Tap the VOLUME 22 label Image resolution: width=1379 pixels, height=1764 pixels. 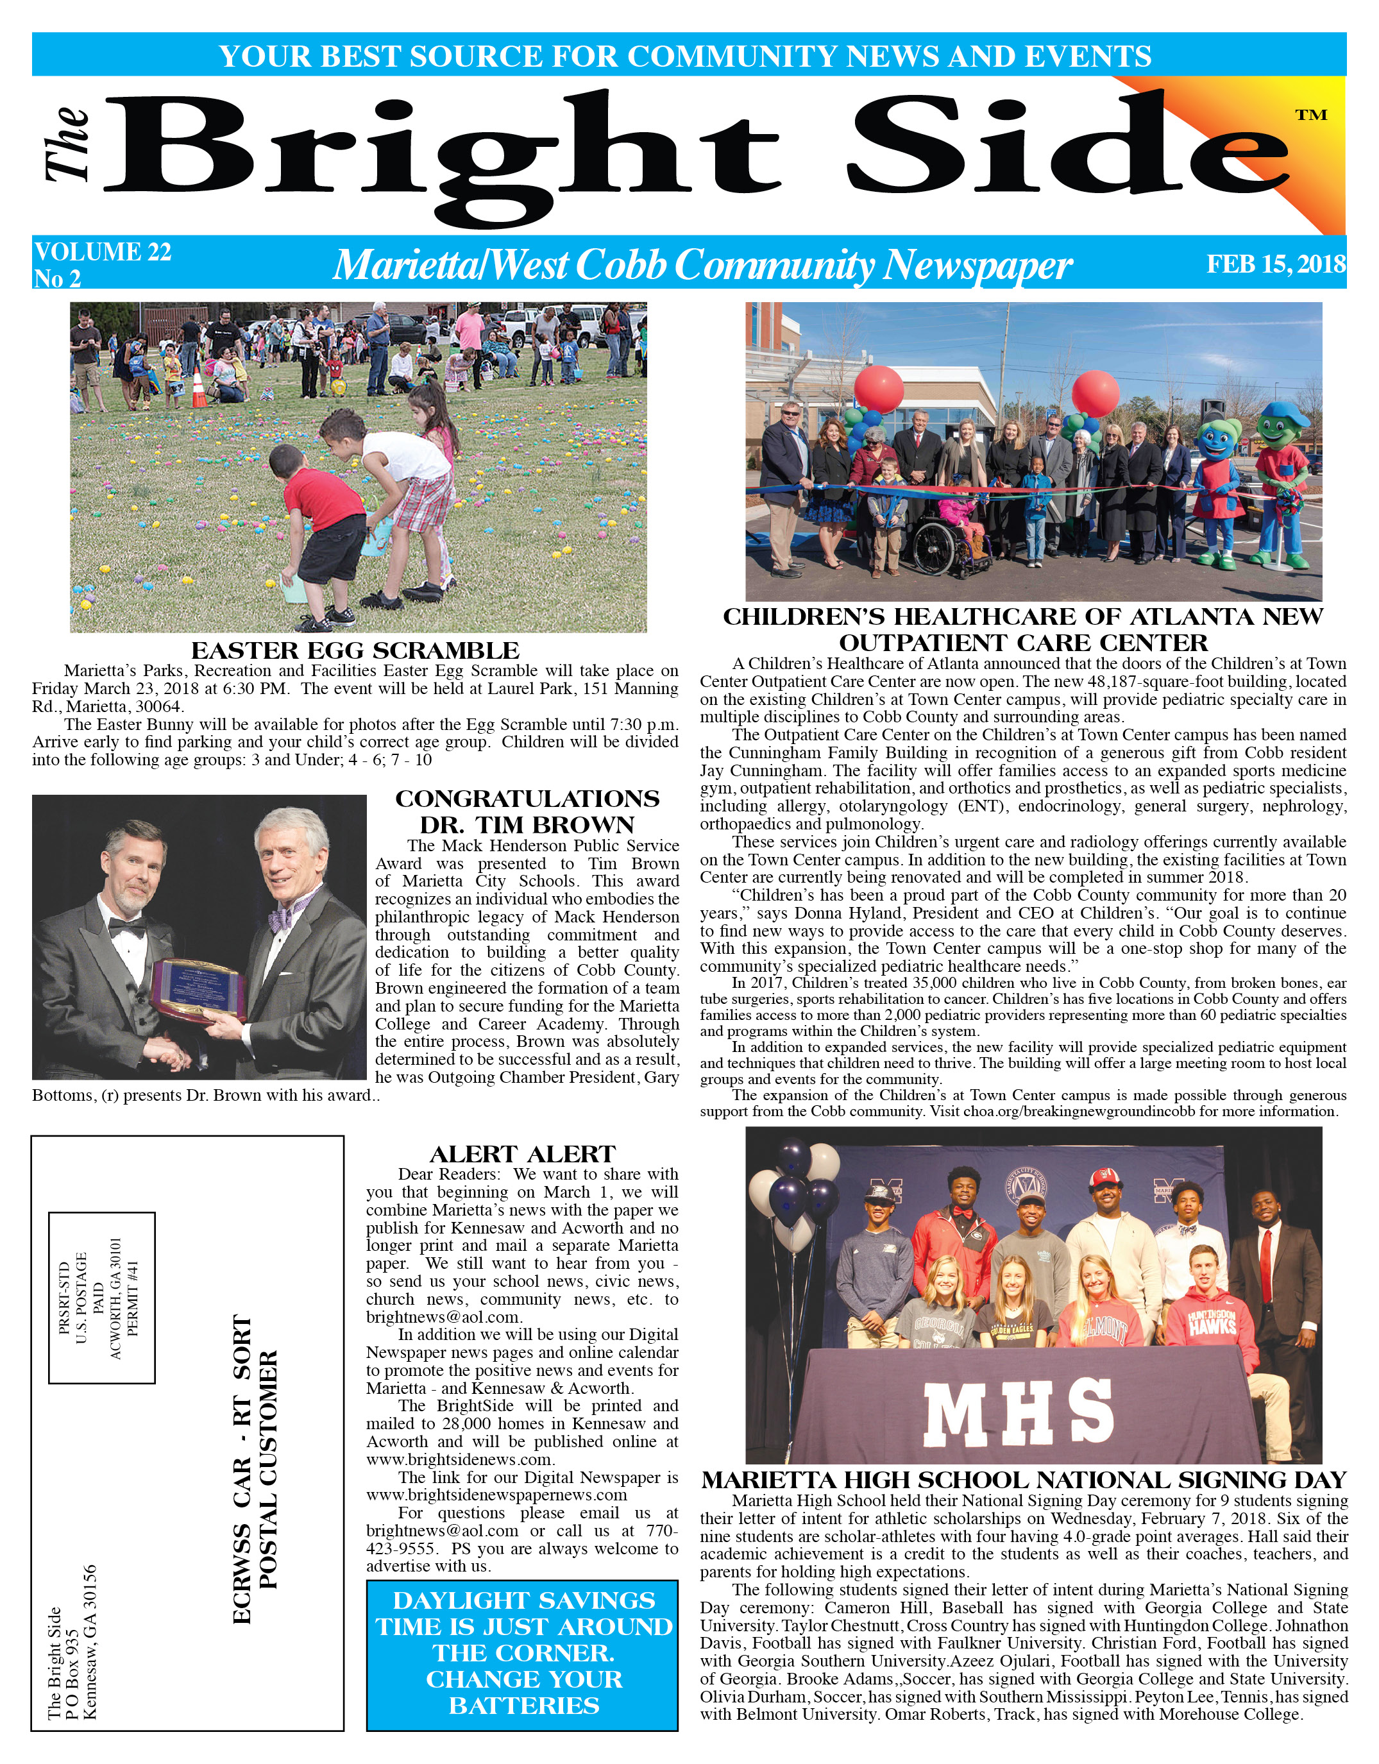pyautogui.click(x=103, y=252)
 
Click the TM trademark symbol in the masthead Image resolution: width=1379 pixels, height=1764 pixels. pyautogui.click(x=1311, y=115)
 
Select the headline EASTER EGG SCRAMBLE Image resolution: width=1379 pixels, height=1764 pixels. pyautogui.click(x=355, y=650)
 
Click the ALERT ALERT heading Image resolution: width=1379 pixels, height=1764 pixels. pyautogui.click(x=522, y=1154)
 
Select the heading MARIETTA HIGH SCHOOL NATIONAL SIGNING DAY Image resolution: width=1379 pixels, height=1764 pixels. pyautogui.click(x=1024, y=1480)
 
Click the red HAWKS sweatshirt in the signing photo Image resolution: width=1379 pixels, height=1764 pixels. pyautogui.click(x=1208, y=1325)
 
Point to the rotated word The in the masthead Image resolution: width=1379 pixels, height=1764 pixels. pyautogui.click(x=68, y=143)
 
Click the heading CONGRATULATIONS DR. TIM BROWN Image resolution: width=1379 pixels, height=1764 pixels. pyautogui.click(x=527, y=811)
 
